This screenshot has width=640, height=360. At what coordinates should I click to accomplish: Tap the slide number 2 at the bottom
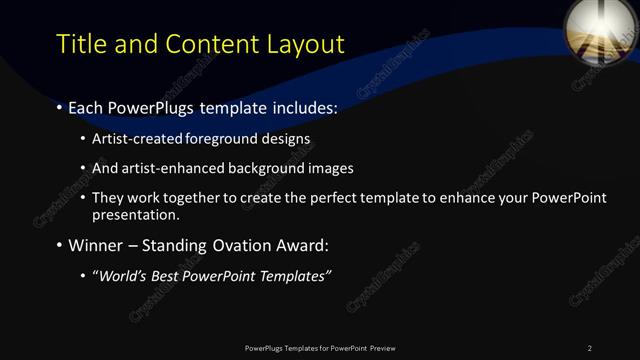point(590,348)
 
